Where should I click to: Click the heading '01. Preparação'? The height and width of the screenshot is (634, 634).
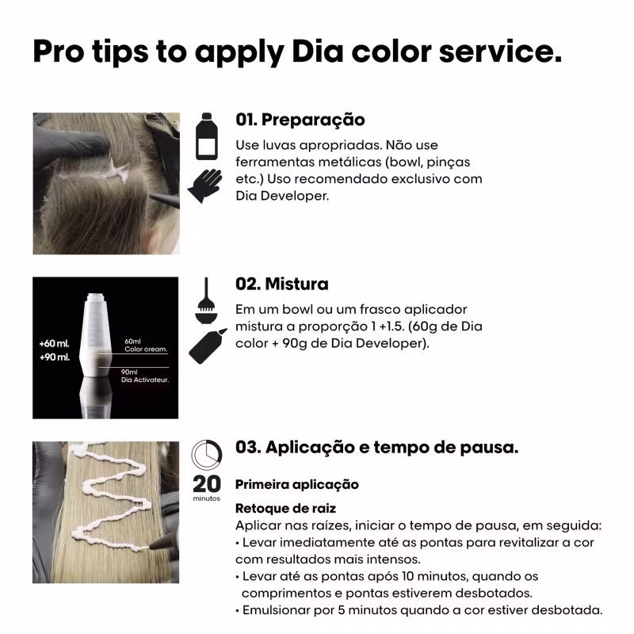300,120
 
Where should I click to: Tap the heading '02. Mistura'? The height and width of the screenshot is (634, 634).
281,284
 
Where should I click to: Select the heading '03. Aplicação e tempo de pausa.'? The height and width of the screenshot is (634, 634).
376,448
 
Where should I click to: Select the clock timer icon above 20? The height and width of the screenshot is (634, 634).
207,455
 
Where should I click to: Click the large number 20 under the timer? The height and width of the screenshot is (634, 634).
207,484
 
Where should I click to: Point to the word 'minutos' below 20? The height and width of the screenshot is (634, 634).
207,498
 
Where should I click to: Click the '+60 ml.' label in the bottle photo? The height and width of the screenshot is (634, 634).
55,344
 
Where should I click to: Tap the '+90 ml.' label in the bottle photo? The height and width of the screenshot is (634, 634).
55,357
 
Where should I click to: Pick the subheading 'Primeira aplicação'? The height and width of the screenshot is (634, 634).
297,484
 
